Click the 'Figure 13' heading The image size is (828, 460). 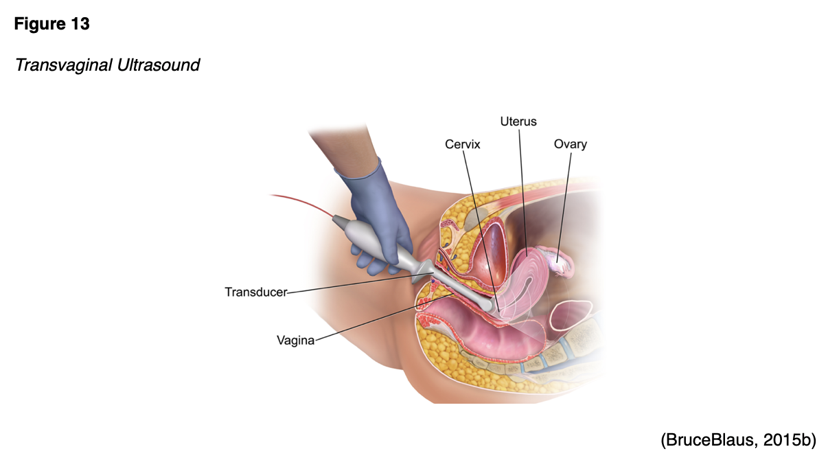(52, 24)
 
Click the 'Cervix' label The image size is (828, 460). (462, 144)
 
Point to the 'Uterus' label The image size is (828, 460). (518, 122)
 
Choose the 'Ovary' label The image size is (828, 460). (571, 144)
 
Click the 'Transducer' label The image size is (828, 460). (255, 292)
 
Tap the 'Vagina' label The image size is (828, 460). (295, 339)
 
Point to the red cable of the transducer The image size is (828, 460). (302, 205)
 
